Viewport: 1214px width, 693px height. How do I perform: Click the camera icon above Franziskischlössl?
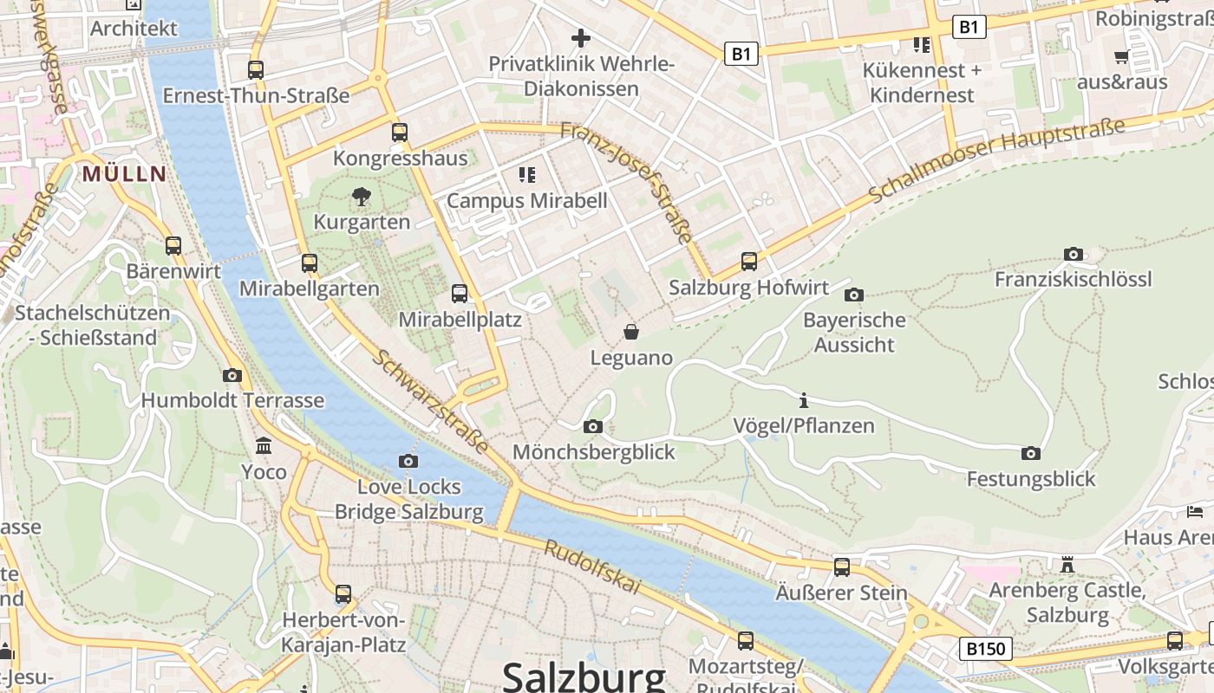pos(1074,254)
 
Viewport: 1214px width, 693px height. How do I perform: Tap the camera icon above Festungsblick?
pos(1031,453)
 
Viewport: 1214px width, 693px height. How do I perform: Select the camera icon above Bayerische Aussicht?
pos(854,295)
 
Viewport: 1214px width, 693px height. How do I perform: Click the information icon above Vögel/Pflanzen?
pos(804,400)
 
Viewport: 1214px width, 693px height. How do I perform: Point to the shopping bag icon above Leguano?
pos(631,332)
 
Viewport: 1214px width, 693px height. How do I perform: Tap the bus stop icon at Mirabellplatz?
pos(460,294)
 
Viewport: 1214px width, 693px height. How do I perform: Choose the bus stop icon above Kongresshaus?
pos(400,133)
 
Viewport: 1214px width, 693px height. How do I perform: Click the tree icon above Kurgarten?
pos(362,197)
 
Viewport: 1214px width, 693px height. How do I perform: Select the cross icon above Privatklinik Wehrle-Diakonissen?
pos(581,38)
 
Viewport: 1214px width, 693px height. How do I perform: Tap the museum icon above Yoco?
pos(264,446)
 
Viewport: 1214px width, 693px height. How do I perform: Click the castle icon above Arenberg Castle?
pos(1067,565)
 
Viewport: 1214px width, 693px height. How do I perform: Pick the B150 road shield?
pos(986,648)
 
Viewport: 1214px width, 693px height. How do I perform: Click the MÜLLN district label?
pos(124,173)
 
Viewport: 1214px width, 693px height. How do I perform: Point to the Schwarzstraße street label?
pos(431,403)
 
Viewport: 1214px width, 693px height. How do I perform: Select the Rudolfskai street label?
pos(592,567)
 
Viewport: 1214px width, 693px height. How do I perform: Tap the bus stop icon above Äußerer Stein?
pos(842,567)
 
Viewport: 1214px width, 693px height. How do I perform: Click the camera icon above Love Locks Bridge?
pos(408,461)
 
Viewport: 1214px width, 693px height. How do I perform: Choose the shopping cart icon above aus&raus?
pos(1121,57)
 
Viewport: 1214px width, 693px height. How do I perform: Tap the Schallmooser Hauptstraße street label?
pos(997,160)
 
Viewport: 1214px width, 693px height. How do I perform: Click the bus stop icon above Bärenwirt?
pos(173,245)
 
